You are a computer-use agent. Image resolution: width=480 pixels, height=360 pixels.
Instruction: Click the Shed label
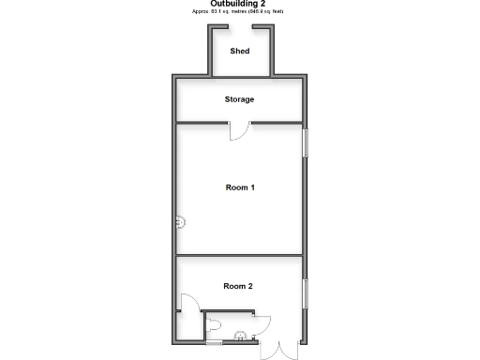240,51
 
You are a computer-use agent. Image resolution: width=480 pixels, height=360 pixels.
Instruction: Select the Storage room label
239,99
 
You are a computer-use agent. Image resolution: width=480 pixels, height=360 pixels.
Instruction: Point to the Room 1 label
240,187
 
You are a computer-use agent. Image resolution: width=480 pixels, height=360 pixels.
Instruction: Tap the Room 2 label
238,286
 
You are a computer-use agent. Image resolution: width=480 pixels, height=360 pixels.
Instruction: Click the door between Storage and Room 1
239,130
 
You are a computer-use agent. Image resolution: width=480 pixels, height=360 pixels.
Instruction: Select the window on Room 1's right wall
304,143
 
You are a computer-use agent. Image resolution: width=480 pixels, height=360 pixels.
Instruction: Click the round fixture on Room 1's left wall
181,222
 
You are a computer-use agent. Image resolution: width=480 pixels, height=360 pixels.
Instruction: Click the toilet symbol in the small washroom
216,323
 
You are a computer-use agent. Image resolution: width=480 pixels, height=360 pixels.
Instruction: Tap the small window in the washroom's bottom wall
215,343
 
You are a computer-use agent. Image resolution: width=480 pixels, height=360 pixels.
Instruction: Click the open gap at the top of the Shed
241,27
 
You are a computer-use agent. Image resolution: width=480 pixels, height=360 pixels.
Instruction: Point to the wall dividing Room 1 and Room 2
239,255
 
